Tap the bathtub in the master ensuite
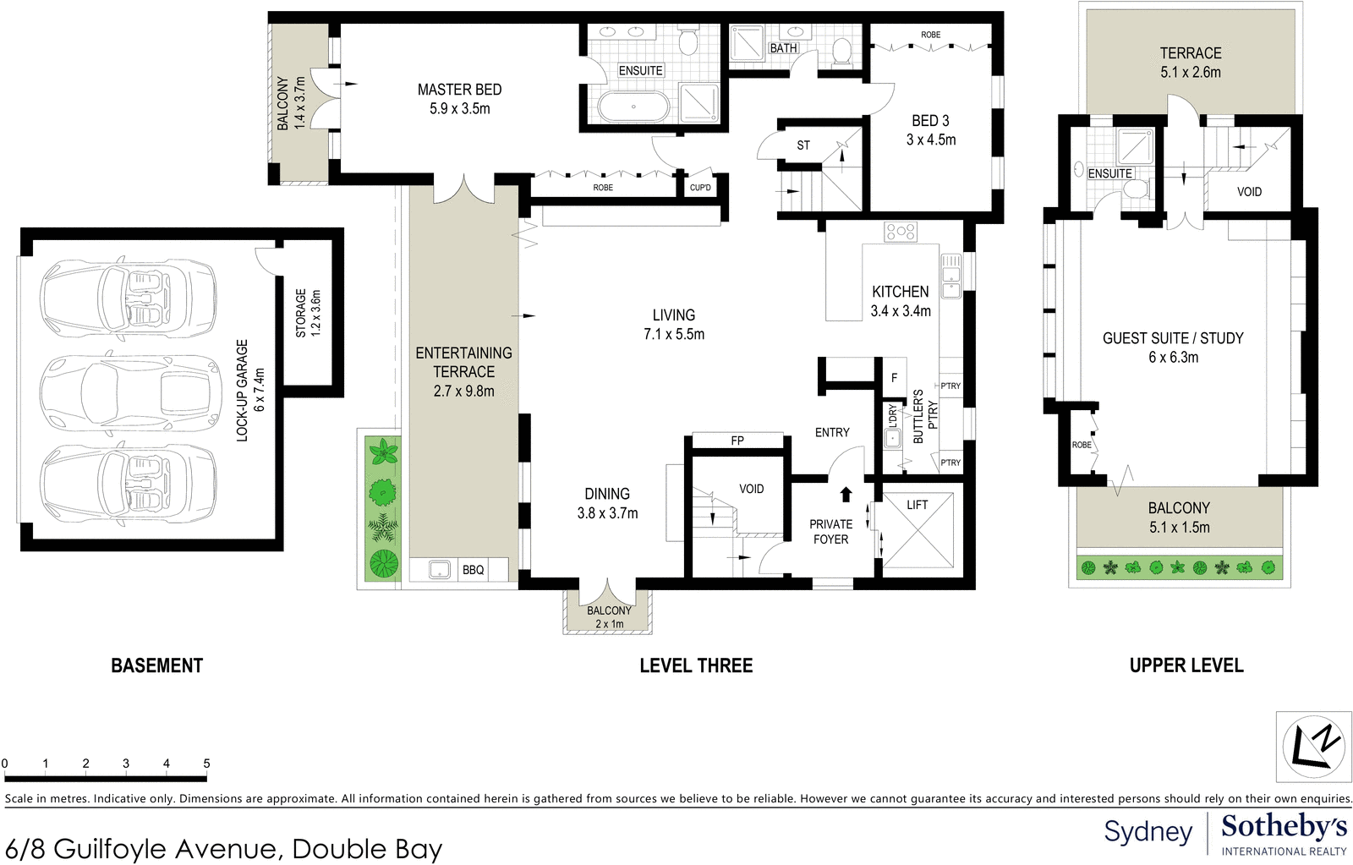[633, 107]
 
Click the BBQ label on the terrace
[473, 570]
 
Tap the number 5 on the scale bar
[206, 763]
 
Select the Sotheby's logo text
[1284, 826]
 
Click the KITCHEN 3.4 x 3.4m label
[901, 301]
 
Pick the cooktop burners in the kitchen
[900, 231]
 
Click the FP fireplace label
[737, 441]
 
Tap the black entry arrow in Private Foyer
[845, 494]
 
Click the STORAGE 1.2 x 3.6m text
[308, 313]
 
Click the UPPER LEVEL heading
[1186, 665]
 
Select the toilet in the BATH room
[841, 52]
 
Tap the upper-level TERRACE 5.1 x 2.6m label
[1190, 63]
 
